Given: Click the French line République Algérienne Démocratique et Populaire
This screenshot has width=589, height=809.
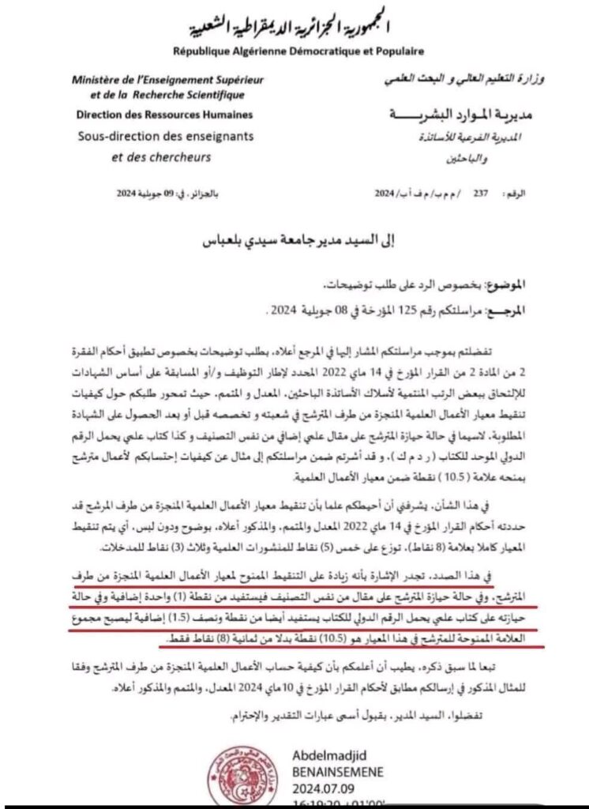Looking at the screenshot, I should (x=299, y=51).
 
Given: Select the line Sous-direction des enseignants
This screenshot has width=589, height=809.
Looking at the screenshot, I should (x=166, y=135).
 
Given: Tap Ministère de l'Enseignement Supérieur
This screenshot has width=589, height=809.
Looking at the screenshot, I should (x=167, y=81).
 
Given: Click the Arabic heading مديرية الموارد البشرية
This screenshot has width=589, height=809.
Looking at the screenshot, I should (x=458, y=115).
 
